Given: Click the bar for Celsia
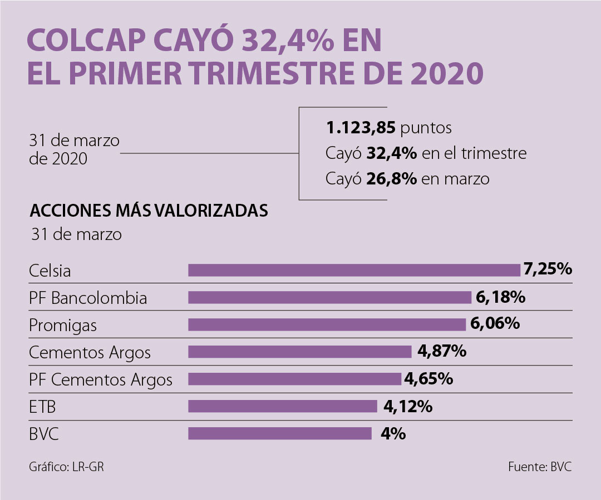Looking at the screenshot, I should click(354, 270).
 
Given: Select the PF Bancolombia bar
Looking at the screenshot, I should click(329, 297).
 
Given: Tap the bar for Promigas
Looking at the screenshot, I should click(327, 324).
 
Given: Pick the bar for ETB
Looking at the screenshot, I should click(283, 406).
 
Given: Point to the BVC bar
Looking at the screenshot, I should click(280, 433).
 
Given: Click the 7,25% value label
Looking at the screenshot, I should click(548, 269).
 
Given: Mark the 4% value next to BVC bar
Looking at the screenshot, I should click(393, 433).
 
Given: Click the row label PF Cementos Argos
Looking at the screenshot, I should click(101, 380).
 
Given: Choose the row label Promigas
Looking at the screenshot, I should click(63, 326).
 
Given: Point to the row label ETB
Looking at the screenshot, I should click(42, 408).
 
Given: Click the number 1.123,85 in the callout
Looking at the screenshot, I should click(361, 128).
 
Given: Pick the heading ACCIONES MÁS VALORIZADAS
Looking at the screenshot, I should click(149, 211).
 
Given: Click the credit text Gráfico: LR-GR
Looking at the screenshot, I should click(66, 467).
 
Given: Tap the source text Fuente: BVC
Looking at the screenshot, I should click(539, 467).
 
